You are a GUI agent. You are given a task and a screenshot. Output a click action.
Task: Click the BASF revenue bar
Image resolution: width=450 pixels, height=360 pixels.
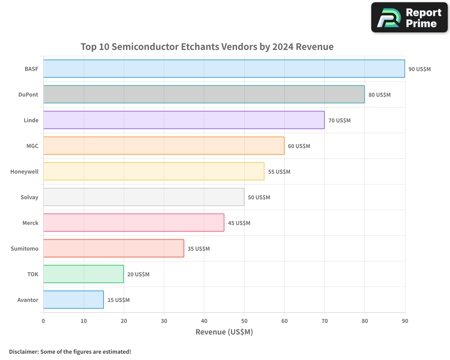224,69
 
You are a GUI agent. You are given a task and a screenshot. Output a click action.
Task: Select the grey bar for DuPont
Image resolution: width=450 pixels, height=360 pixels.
204,94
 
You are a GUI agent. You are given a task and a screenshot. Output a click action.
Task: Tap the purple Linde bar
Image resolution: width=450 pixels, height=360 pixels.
184,120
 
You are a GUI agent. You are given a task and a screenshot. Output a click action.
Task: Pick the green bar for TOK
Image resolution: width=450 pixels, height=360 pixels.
83,274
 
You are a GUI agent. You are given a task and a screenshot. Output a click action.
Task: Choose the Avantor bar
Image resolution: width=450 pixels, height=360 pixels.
73,300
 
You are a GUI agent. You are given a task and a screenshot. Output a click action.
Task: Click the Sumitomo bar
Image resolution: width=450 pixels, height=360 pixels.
113,248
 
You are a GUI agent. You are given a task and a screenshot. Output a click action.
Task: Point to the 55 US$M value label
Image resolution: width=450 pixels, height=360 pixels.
279,172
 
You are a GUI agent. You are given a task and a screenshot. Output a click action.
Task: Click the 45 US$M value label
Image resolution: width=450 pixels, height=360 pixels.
239,223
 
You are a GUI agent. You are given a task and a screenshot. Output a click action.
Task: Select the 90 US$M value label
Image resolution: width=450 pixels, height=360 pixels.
419,69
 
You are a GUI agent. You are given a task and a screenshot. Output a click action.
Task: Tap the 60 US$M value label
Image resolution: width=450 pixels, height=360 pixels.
299,146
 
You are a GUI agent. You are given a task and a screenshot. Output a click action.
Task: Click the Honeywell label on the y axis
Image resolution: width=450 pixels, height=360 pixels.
24,172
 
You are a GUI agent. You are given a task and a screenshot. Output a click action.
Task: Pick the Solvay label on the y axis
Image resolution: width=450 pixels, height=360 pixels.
29,198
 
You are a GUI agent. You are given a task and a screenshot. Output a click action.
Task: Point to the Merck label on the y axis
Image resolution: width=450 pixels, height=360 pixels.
30,223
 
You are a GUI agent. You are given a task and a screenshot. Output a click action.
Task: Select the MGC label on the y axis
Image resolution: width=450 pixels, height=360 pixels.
32,146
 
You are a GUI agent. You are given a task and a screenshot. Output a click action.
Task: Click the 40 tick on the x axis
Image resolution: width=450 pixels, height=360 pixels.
204,321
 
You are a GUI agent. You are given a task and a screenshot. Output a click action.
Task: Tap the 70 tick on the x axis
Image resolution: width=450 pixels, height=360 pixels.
324,321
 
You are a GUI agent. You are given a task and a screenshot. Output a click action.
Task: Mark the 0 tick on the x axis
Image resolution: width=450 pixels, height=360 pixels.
43,321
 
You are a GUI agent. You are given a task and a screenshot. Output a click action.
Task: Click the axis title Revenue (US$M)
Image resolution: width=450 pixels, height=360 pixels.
224,332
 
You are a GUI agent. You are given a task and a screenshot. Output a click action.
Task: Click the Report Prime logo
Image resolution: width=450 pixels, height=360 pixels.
409,18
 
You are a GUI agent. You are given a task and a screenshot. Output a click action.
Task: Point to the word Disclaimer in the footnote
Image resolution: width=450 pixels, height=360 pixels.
23,351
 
